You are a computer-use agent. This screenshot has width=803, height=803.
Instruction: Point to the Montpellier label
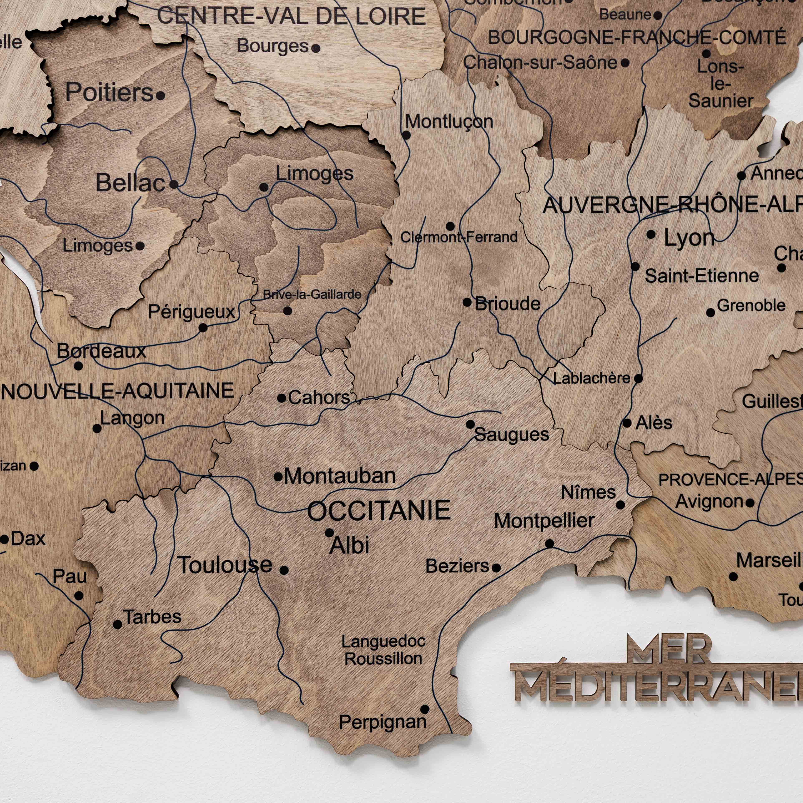[x=544, y=521]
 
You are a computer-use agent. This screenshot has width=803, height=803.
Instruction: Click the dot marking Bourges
[x=316, y=48]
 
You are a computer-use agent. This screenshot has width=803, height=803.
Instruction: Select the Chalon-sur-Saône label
[x=540, y=63]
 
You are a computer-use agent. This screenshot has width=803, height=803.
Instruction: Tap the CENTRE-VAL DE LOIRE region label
[x=291, y=17]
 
